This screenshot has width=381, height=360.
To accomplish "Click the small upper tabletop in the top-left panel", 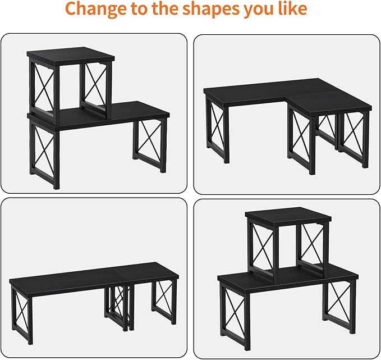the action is pyautogui.click(x=71, y=55).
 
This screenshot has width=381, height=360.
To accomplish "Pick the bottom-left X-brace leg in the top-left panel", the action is pyautogui.click(x=44, y=154).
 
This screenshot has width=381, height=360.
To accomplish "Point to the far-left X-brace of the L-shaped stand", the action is pyautogui.click(x=218, y=129).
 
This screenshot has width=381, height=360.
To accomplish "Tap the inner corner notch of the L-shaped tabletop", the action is pyautogui.click(x=285, y=98).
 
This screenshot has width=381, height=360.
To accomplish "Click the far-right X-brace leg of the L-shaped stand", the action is pyautogui.click(x=354, y=139).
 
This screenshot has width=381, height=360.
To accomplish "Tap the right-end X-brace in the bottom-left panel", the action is pyautogui.click(x=164, y=302).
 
